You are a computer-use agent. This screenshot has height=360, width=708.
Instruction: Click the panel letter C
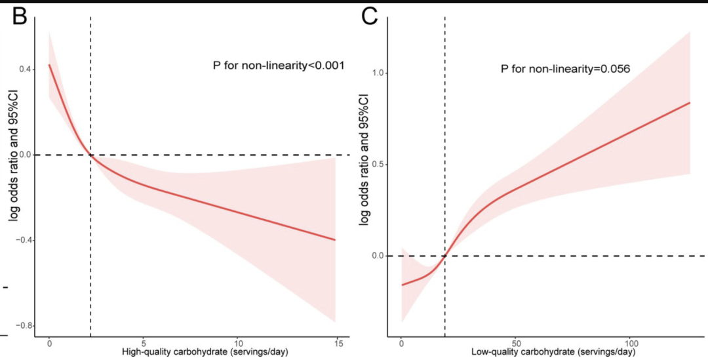pos(373,18)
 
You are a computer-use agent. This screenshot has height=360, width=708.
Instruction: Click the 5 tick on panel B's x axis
pos(144,343)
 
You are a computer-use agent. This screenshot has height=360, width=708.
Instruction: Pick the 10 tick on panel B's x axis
pos(238,343)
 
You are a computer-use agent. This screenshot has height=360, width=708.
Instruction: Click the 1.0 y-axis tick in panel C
pos(378,73)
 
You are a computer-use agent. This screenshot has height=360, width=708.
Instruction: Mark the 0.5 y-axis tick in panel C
pos(378,165)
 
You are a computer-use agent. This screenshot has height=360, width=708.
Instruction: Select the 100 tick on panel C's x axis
pos(631,343)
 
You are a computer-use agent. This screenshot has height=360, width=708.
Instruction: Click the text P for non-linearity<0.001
pos(279,66)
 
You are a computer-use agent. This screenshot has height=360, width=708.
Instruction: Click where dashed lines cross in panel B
pos(90,155)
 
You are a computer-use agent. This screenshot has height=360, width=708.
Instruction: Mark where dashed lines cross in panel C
pos(445,256)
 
